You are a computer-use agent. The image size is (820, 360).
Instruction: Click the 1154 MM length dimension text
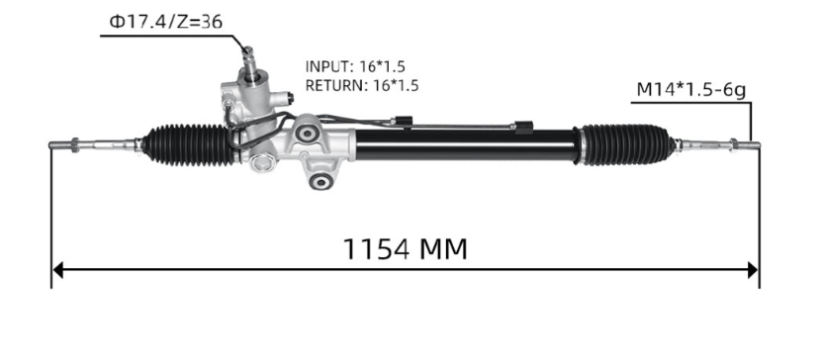(x=405, y=247)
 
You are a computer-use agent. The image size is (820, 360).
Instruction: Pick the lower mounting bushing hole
(x=319, y=182)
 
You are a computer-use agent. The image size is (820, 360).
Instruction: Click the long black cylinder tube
(x=465, y=146)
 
